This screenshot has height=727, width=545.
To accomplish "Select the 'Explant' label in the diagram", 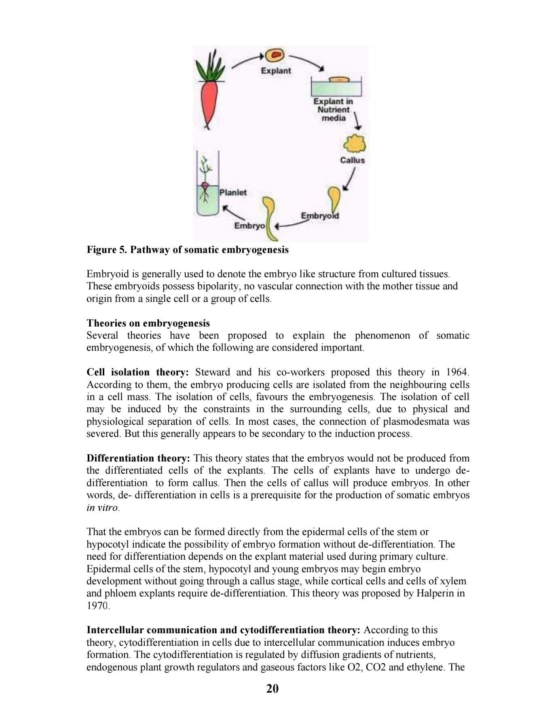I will click(276, 71).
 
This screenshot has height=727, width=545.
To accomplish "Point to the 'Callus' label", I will click(352, 160).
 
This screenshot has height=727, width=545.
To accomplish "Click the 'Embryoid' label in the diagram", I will click(320, 215).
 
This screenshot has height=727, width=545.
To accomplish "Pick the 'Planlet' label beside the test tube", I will click(233, 192).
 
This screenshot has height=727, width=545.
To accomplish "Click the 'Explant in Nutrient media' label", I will click(333, 110).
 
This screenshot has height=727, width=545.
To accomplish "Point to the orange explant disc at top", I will click(275, 55).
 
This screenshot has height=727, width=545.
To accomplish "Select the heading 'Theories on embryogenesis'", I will click(148, 323).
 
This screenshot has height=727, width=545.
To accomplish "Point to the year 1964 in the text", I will click(457, 372).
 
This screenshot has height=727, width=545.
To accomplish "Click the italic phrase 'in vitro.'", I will click(103, 508).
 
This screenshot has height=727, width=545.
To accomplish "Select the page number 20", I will click(272, 689).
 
